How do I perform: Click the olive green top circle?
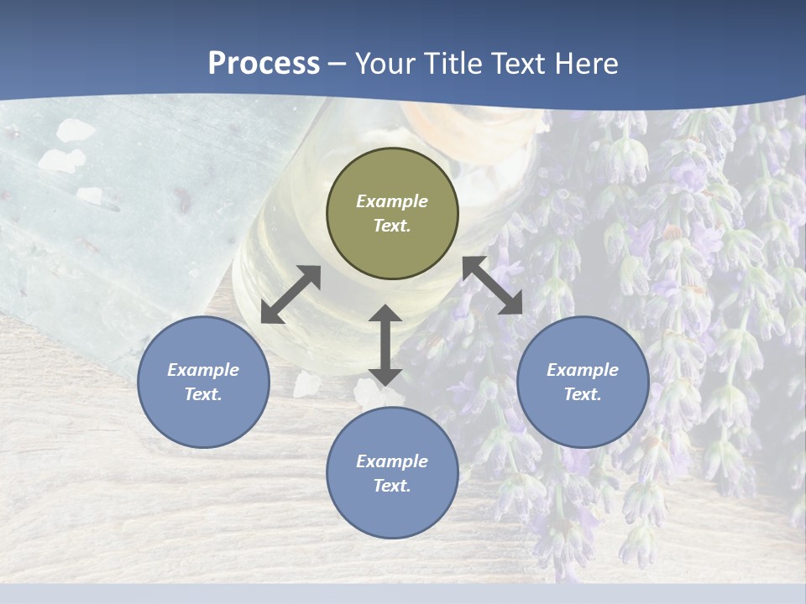coord(392,214)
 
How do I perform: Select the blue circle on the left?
coord(203,382)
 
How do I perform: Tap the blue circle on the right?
coord(583,382)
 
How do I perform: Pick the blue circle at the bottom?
coord(392,473)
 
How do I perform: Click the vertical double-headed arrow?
coord(385,345)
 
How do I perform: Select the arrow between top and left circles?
coord(290,294)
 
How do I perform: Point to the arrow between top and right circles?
coord(493,285)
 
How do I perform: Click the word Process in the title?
coord(264,64)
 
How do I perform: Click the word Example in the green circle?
coord(392,201)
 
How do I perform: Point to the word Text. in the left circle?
coord(203,394)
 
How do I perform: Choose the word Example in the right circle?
coord(583,370)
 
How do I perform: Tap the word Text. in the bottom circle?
coord(392,486)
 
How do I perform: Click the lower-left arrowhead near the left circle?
coord(270,314)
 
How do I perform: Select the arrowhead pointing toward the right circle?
coord(511,304)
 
